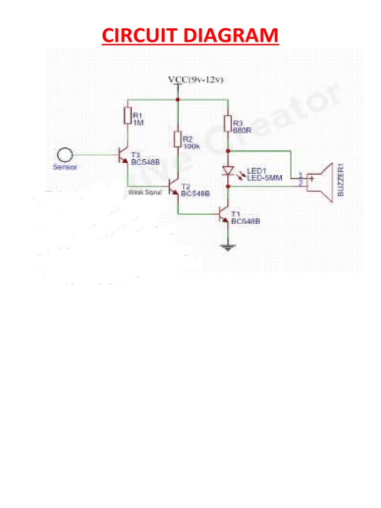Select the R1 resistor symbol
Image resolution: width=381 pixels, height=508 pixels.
pyautogui.click(x=127, y=116)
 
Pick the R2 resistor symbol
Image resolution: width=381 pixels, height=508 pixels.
pyautogui.click(x=177, y=139)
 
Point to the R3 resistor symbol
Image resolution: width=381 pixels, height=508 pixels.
pyautogui.click(x=228, y=123)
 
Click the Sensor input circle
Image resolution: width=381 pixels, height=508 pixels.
pyautogui.click(x=64, y=155)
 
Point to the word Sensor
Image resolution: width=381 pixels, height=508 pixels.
pyautogui.click(x=65, y=167)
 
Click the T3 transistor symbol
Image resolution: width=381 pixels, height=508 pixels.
pyautogui.click(x=123, y=156)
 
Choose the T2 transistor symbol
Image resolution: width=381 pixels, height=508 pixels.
pyautogui.click(x=173, y=188)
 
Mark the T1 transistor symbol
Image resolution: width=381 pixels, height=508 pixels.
pyautogui.click(x=224, y=214)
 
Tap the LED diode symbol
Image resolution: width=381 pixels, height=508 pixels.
pyautogui.click(x=228, y=170)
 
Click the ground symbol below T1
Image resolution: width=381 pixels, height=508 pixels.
pyautogui.click(x=228, y=247)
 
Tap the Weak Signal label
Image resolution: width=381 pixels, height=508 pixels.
pyautogui.click(x=145, y=192)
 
